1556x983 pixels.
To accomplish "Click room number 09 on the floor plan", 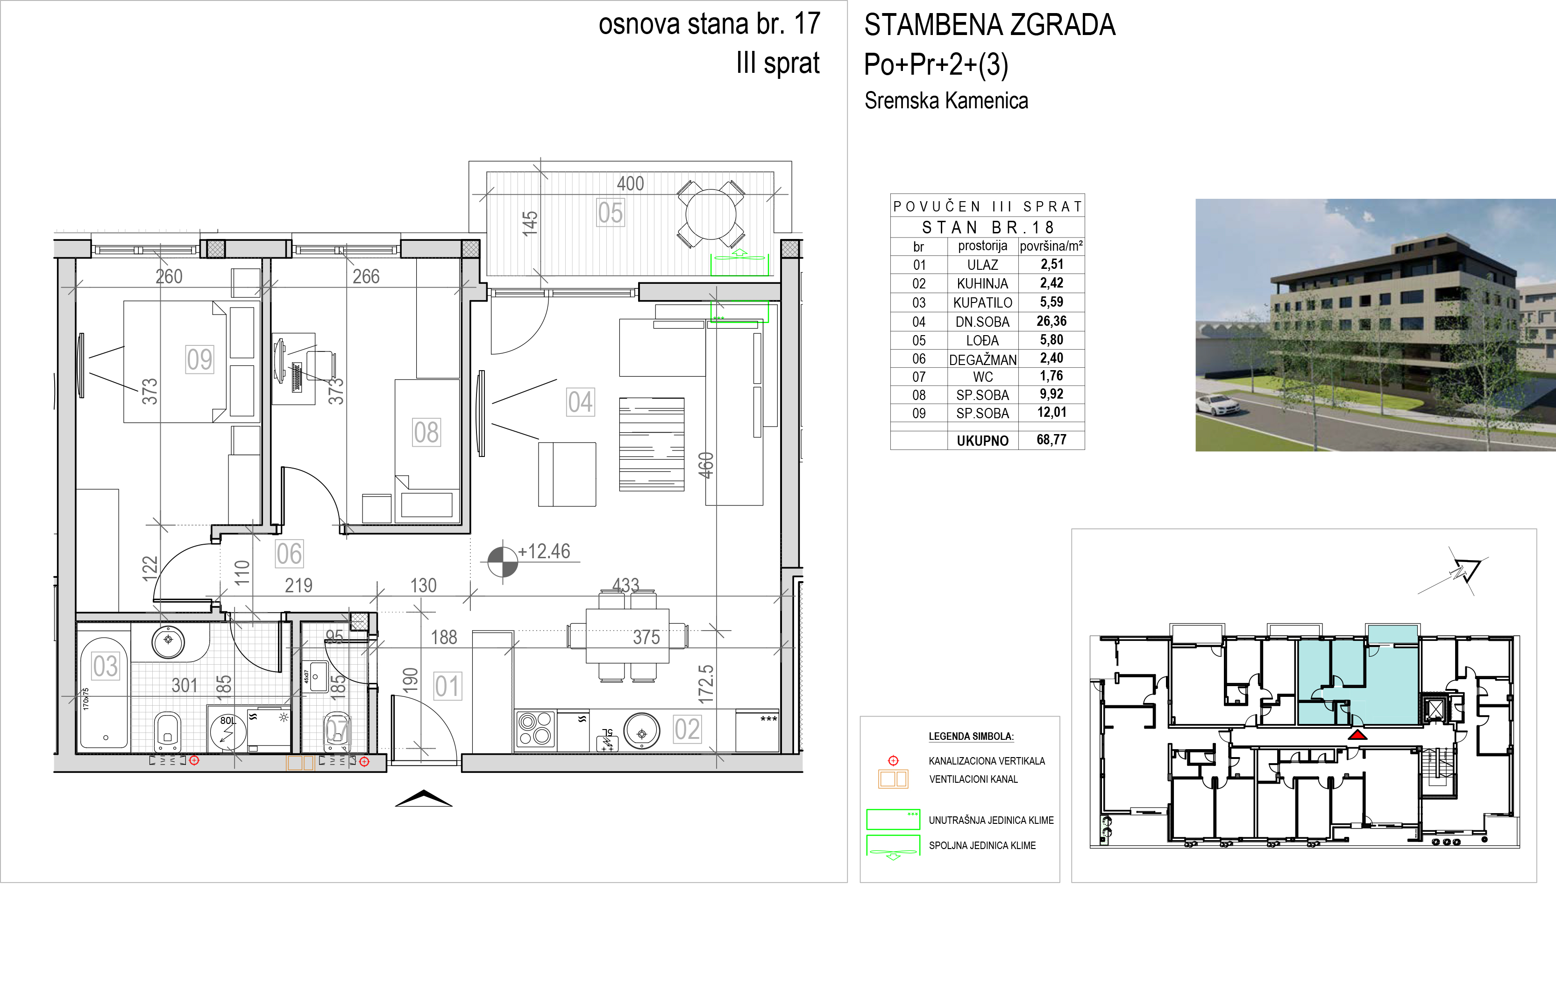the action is pyautogui.click(x=199, y=359).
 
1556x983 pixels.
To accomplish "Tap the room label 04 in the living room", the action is pyautogui.click(x=580, y=402).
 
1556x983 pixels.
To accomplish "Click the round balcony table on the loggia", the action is pyautogui.click(x=711, y=214).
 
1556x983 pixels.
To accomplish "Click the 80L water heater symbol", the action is pyautogui.click(x=228, y=732).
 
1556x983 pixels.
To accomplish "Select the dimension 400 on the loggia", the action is pyautogui.click(x=630, y=183).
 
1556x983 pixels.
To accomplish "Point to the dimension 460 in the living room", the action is pyautogui.click(x=706, y=465).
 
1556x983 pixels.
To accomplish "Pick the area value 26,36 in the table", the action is pyautogui.click(x=1052, y=321).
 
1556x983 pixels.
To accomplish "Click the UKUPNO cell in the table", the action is pyautogui.click(x=982, y=441).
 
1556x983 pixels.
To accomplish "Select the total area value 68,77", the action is pyautogui.click(x=1052, y=440).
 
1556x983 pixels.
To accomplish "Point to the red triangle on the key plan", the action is pyautogui.click(x=1357, y=735).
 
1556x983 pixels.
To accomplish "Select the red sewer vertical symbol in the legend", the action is pyautogui.click(x=893, y=761).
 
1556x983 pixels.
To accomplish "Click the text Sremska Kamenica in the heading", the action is pyautogui.click(x=946, y=101).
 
